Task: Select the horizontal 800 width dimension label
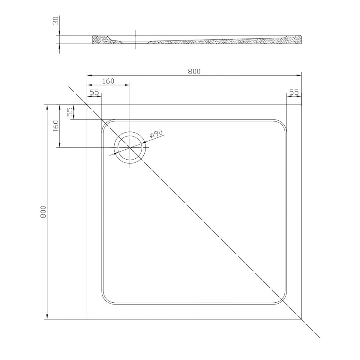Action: pos(194,71)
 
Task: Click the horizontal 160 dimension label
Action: pos(108,81)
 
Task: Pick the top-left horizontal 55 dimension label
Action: pos(94,92)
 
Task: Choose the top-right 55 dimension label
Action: pos(294,92)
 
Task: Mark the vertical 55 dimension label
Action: pos(70,112)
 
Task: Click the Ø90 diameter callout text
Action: pos(156,133)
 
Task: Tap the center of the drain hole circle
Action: pos(130,148)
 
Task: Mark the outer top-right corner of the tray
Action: pos(301,105)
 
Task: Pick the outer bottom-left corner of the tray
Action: pos(87,319)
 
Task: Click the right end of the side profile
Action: pos(301,40)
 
